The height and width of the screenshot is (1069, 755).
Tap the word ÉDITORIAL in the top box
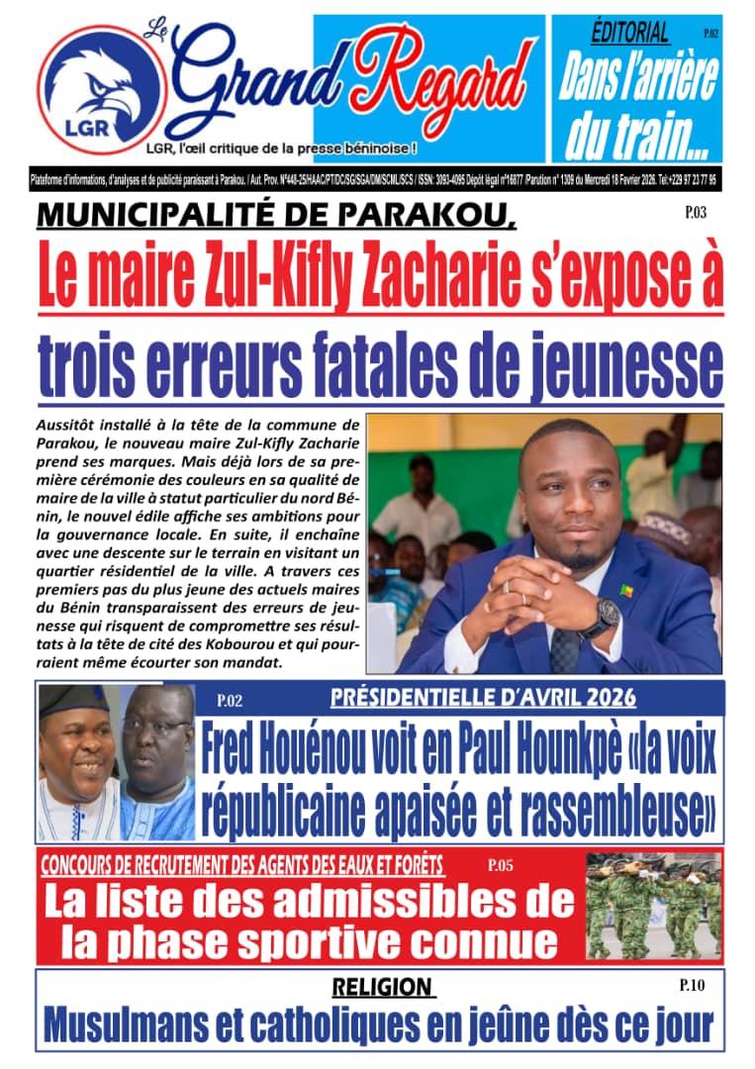tap(630, 33)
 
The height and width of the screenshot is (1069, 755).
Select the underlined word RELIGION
tap(383, 987)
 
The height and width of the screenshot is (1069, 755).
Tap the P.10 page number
tap(692, 986)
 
